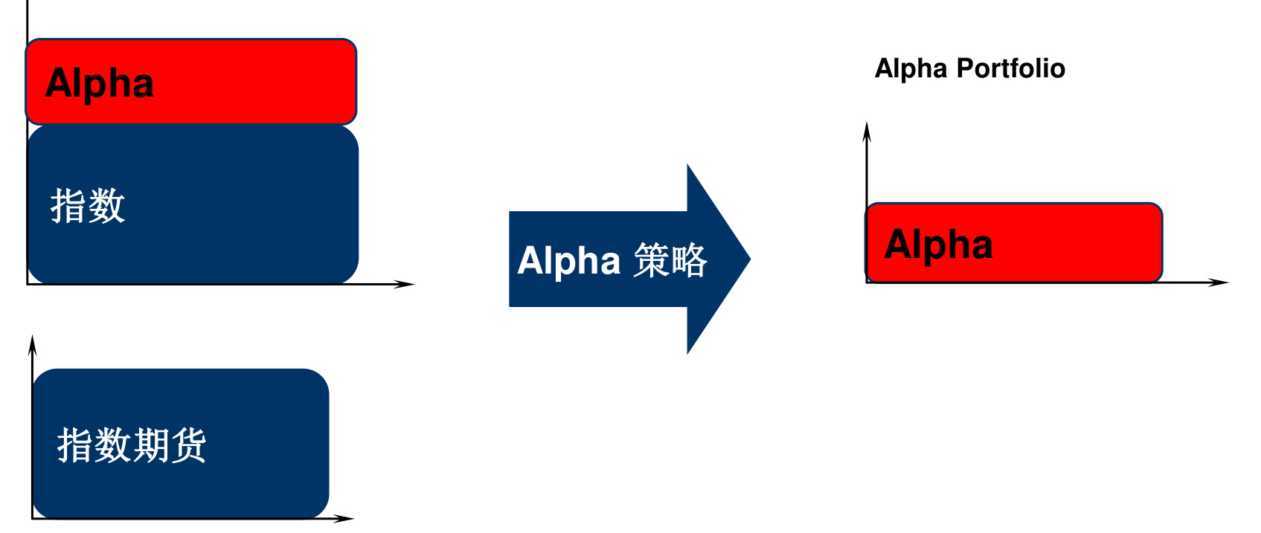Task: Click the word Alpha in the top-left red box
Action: (x=100, y=83)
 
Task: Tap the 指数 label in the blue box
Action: (x=87, y=205)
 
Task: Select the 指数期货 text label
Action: (x=132, y=445)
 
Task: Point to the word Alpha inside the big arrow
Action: (x=569, y=261)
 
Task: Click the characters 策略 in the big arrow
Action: (x=670, y=261)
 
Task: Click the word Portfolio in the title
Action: (x=1011, y=68)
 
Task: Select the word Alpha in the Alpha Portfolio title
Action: (x=911, y=68)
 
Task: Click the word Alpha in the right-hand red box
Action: (x=938, y=245)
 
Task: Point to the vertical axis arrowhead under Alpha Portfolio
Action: (x=867, y=130)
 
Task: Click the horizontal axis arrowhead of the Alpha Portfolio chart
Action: (x=1219, y=282)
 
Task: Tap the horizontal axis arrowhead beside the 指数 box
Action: (x=405, y=284)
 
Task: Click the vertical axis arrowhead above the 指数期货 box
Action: (x=32, y=343)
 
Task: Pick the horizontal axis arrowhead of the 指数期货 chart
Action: (x=344, y=518)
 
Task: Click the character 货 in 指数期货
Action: (x=188, y=445)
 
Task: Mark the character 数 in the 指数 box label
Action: (x=106, y=205)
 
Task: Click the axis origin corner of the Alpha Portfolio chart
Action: (x=867, y=282)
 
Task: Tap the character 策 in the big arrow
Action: (x=651, y=261)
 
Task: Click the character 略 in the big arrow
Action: (x=688, y=261)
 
